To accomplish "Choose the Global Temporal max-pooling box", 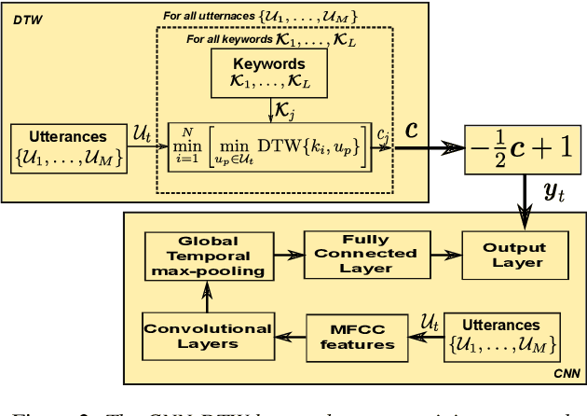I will point(208,257).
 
